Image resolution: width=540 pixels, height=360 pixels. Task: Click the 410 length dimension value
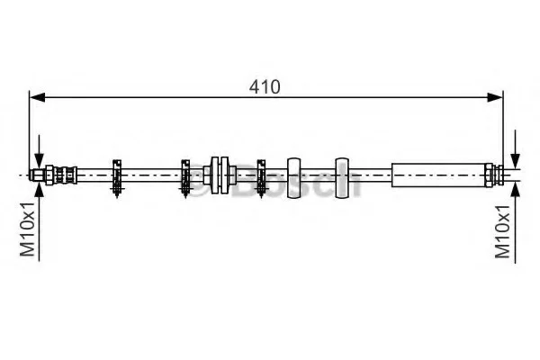tap(265, 87)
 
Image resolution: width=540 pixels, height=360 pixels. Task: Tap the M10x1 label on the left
tap(27, 229)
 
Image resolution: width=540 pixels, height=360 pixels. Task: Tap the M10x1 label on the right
tap(502, 231)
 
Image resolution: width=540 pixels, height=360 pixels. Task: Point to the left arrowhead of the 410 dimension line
tap(38, 97)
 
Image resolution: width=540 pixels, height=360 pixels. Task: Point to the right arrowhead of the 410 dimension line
tap(495, 97)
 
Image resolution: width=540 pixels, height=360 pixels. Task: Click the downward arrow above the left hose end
tap(40, 151)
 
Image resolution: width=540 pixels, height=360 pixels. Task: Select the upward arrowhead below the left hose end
tap(40, 189)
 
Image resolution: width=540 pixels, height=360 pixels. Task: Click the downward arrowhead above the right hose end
tap(515, 161)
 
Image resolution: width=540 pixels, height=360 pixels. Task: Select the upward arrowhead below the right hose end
tap(515, 189)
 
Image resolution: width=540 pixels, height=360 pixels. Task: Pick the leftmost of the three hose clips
tap(117, 178)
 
